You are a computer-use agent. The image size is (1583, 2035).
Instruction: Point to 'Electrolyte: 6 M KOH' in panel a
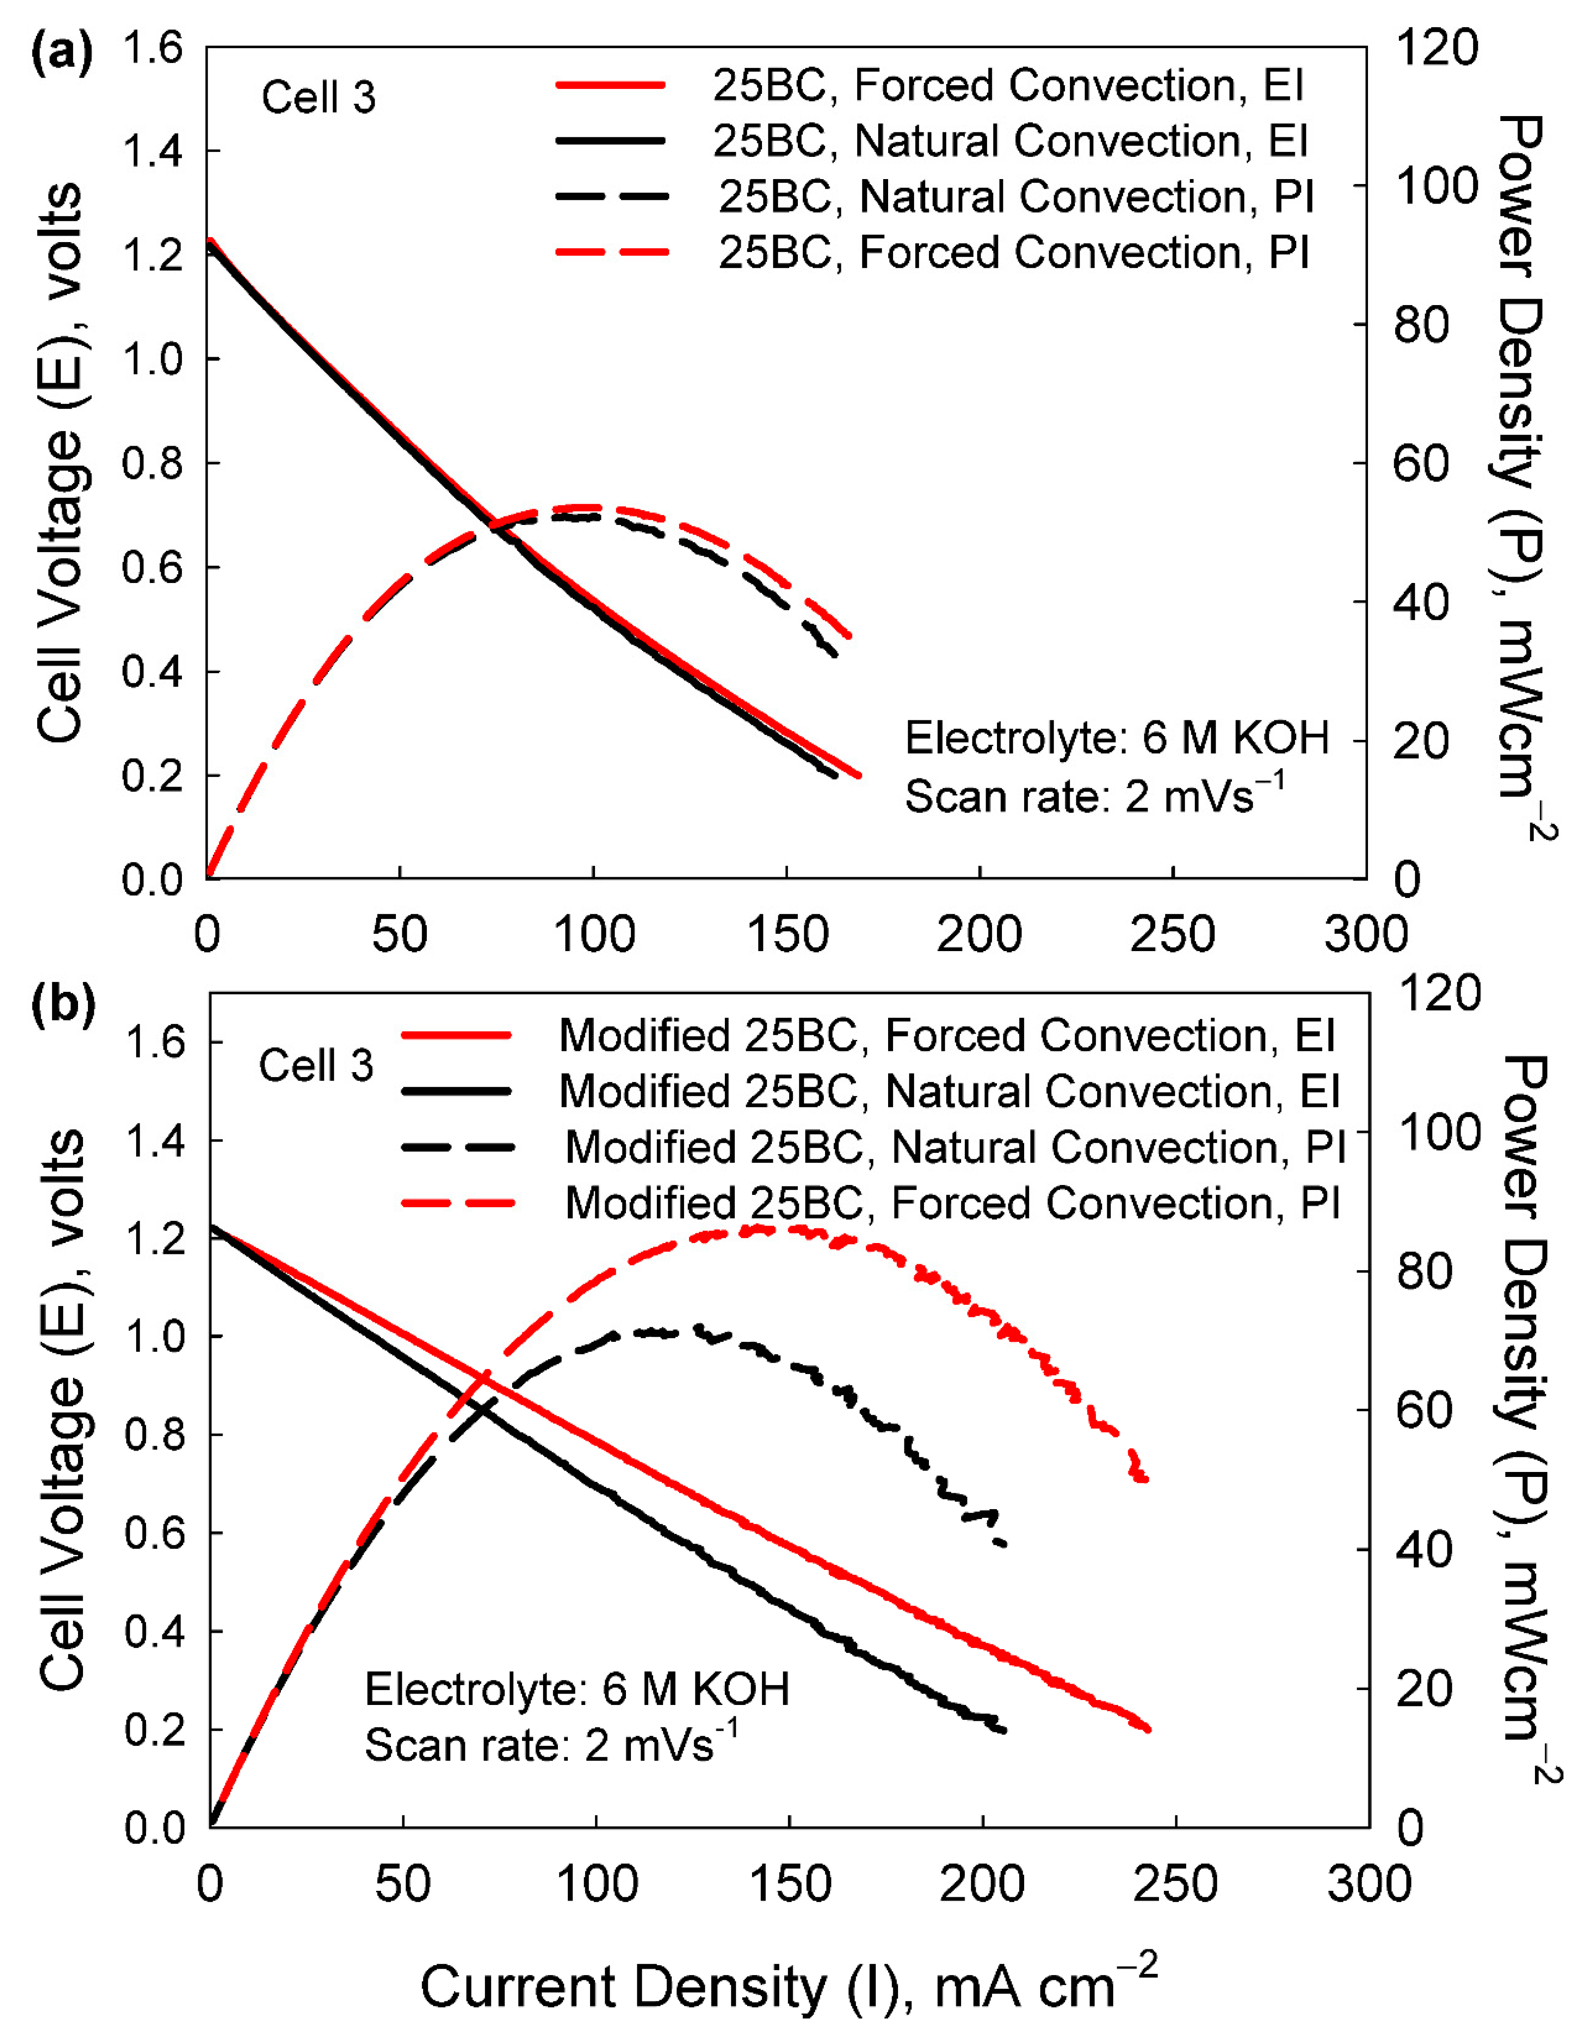1116,739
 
